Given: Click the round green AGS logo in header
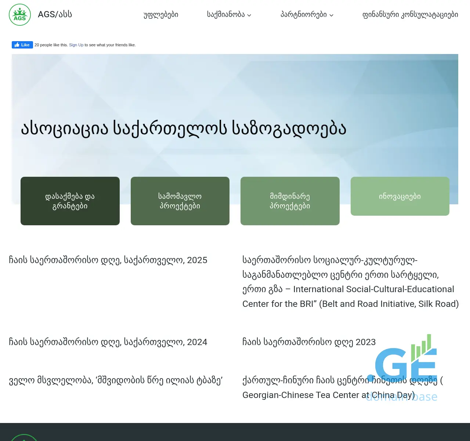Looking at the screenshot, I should click(x=20, y=15).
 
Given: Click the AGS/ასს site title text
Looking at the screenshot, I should click(x=55, y=14).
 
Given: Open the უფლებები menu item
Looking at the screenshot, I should click(x=161, y=15).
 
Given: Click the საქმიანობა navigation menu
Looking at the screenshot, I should click(x=226, y=15).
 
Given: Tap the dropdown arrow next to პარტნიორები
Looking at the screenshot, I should click(x=332, y=15).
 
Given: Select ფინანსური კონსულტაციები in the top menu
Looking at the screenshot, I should click(x=410, y=15).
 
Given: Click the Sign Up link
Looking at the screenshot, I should click(x=76, y=45).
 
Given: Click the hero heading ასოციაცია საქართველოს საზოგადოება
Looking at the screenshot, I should click(x=184, y=128).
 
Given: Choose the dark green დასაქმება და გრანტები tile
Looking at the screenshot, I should click(x=70, y=201).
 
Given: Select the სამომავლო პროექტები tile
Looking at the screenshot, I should click(x=180, y=201).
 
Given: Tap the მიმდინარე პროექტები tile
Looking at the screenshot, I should click(x=290, y=201).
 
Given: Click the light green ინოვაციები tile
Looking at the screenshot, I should click(x=400, y=196).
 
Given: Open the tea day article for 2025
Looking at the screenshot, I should click(x=108, y=260).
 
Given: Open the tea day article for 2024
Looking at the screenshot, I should click(x=108, y=342).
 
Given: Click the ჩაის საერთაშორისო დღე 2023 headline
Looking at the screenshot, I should click(x=309, y=342).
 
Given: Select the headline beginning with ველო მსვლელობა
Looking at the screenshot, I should click(x=116, y=380).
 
